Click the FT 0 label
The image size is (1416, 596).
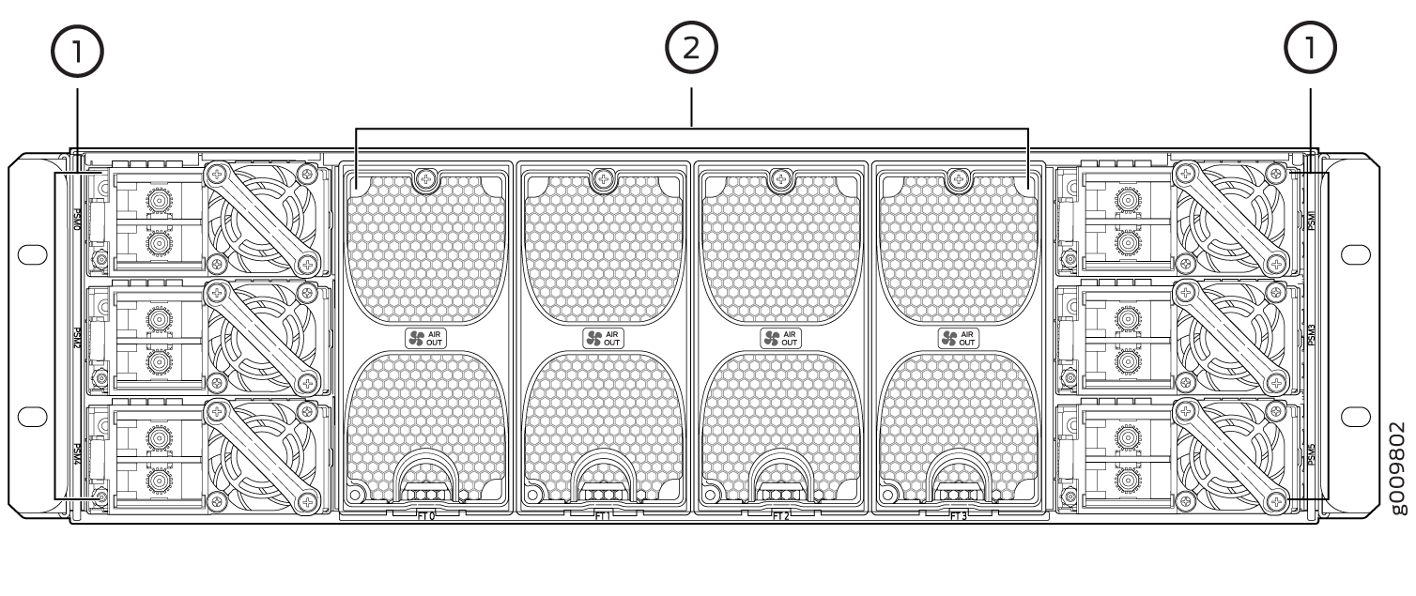click(425, 515)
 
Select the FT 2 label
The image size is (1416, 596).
click(780, 515)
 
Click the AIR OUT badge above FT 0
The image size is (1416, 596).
click(425, 338)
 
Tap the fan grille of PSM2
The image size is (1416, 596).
click(262, 335)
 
